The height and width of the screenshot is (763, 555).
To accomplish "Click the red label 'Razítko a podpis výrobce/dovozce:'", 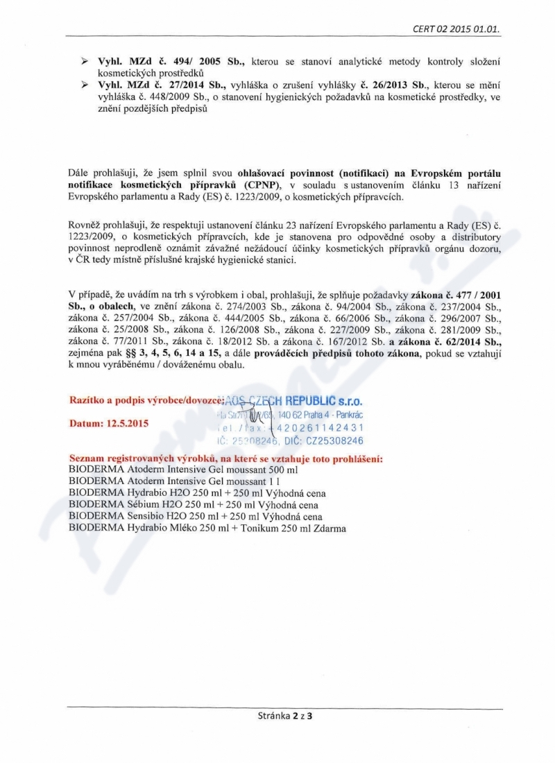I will point(146,400).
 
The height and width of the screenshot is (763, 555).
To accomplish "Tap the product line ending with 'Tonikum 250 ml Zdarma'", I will point(208,528).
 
